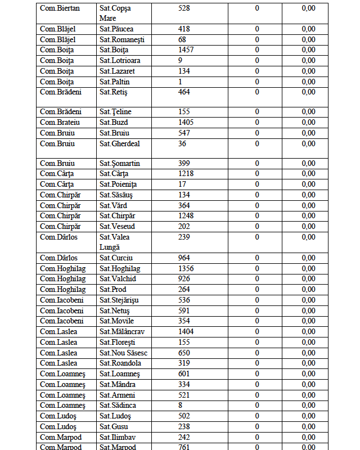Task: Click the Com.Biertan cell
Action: pyautogui.click(x=60, y=8)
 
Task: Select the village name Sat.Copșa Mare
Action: pyautogui.click(x=115, y=13)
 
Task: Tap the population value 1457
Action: pyautogui.click(x=186, y=50)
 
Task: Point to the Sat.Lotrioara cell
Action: pyautogui.click(x=120, y=61)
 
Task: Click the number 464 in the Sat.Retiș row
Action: pyautogui.click(x=184, y=92)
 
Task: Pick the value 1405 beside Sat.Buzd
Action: pyautogui.click(x=186, y=122)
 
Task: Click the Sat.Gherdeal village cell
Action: pyautogui.click(x=120, y=143)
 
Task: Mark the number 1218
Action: pyautogui.click(x=186, y=174)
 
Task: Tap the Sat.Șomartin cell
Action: pyautogui.click(x=120, y=164)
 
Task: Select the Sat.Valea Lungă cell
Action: pyautogui.click(x=115, y=242)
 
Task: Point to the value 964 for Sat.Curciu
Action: pyautogui.click(x=184, y=258)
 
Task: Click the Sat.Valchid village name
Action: pyautogui.click(x=118, y=279)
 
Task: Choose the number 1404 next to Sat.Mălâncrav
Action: pyautogui.click(x=186, y=332)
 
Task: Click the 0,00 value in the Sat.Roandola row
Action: pyautogui.click(x=323, y=363)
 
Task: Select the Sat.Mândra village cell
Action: pyautogui.click(x=118, y=385)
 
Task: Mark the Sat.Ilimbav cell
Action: pyautogui.click(x=118, y=437)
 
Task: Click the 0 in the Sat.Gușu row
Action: pyautogui.click(x=257, y=427)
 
